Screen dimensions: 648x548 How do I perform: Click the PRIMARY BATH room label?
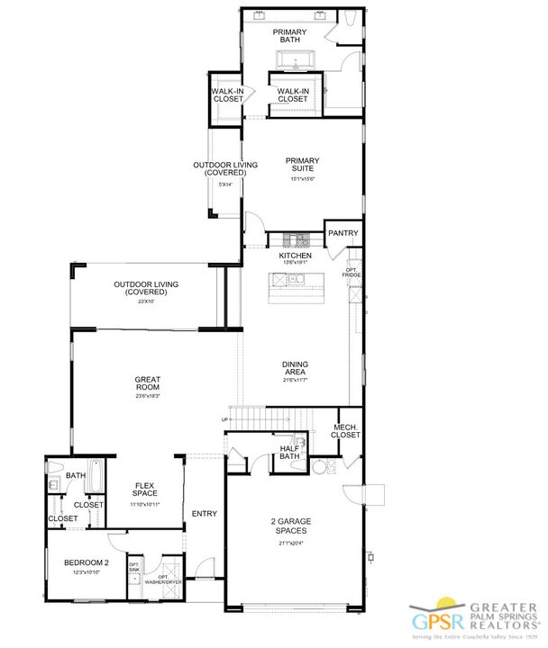coord(290,37)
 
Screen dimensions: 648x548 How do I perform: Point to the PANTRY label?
coord(343,233)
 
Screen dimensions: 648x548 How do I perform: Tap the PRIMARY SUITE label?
coord(303,166)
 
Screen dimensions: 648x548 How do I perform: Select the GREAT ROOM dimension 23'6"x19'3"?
coord(147,395)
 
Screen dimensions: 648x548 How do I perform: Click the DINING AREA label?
coord(295,369)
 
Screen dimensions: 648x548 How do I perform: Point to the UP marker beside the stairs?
coord(224,419)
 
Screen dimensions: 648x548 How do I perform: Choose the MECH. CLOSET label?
coord(347,431)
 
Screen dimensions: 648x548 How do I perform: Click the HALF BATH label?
coord(289,452)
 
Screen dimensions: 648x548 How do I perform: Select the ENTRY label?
coord(205,513)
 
